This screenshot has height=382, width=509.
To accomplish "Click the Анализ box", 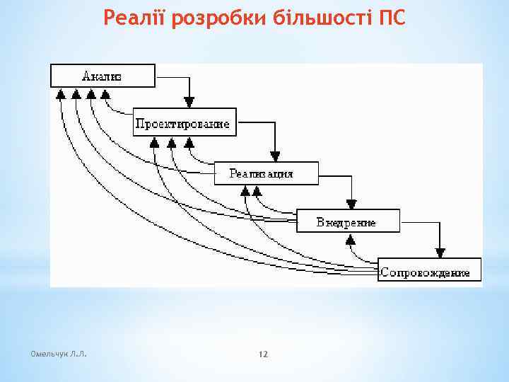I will tap(103, 76).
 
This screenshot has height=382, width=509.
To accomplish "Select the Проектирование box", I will tap(183, 124).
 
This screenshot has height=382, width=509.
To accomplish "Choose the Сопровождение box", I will tap(428, 271).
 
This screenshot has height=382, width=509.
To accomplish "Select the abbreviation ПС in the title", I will tap(393, 17).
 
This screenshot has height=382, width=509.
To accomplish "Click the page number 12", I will tap(264, 353).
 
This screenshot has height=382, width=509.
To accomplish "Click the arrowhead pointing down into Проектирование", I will tap(189, 103).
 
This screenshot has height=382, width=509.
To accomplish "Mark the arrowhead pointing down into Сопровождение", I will tap(440, 252).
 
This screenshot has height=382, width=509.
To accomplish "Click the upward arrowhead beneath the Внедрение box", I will tap(350, 239).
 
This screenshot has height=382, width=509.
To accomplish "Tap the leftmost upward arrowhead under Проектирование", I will tap(155, 142).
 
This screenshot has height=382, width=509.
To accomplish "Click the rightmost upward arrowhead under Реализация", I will tap(257, 191).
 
